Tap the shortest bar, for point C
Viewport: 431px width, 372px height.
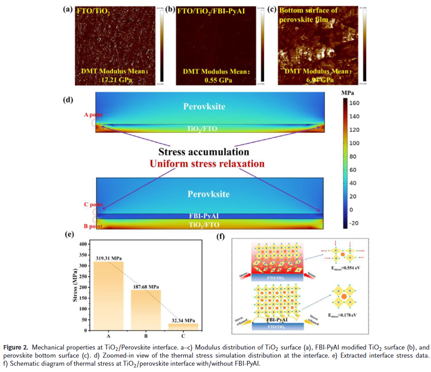pyautogui.click(x=183, y=327)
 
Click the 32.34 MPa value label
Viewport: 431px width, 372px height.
pyautogui.click(x=183, y=320)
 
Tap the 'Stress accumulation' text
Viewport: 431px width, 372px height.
pyautogui.click(x=203, y=151)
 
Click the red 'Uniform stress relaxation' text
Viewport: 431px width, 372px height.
pyautogui.click(x=207, y=163)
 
